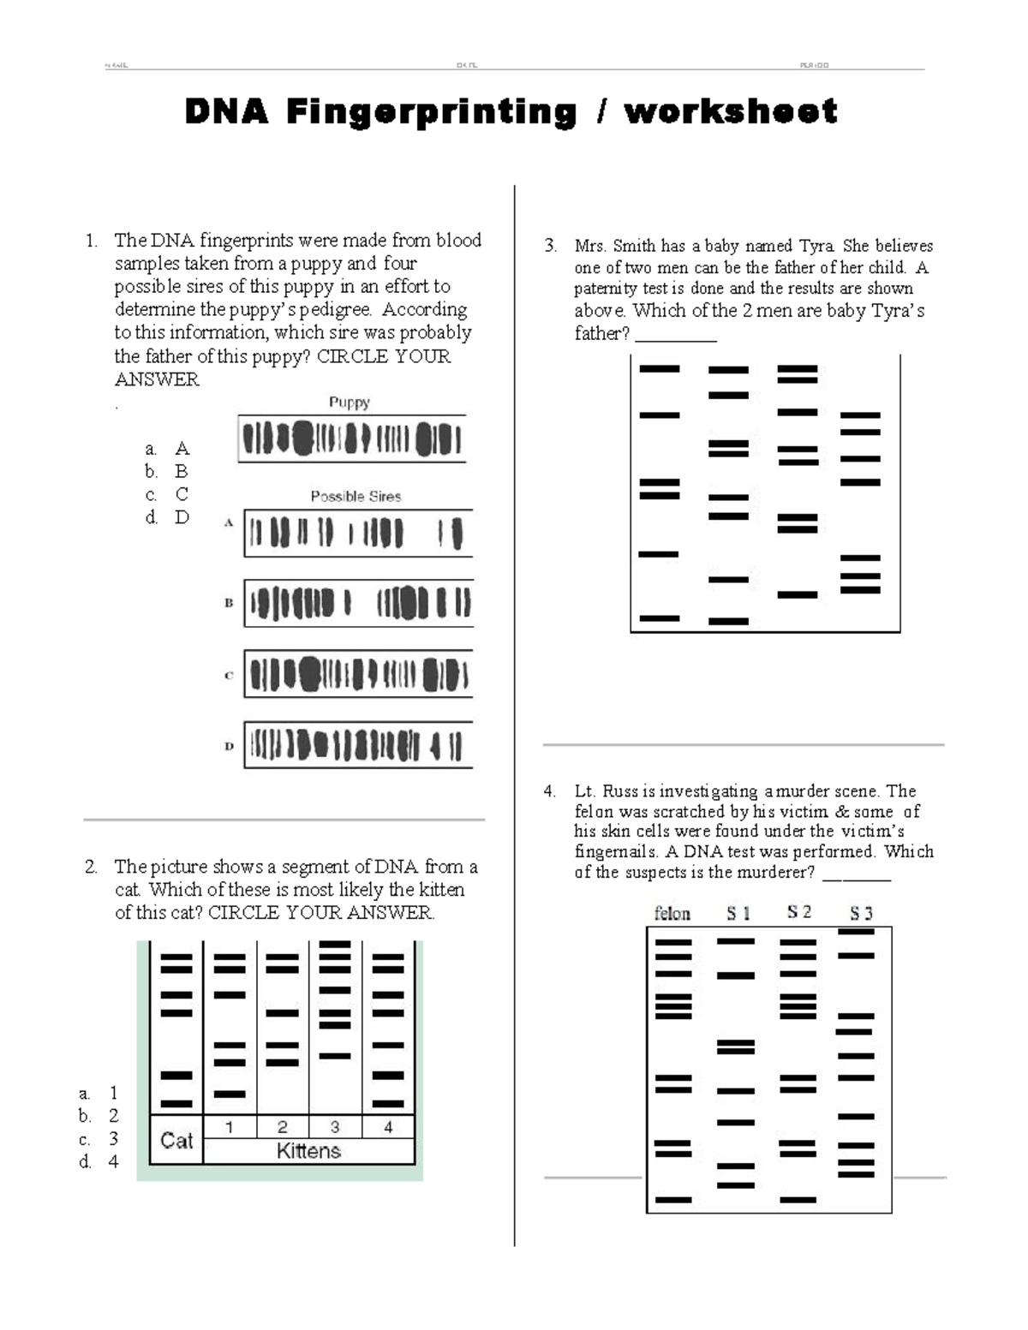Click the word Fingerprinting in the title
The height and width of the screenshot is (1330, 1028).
431,112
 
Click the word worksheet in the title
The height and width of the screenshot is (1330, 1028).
731,111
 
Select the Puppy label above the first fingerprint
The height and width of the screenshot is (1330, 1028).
350,402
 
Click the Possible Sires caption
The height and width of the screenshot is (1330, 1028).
356,496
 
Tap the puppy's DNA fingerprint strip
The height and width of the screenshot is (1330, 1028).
351,439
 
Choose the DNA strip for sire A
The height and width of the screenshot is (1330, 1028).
358,534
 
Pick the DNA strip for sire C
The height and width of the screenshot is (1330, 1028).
358,673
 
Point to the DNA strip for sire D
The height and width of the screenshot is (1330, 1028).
358,744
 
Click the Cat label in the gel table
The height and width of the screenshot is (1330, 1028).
176,1140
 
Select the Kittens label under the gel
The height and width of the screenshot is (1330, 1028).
308,1151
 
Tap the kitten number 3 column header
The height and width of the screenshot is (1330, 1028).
335,1127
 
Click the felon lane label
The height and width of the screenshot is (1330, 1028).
672,914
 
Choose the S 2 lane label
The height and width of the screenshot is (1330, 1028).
798,913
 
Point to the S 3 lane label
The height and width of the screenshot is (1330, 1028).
861,914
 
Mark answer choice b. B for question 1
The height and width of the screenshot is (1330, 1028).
167,471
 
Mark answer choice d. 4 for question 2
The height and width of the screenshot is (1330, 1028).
99,1161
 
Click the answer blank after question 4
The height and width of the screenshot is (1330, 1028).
856,875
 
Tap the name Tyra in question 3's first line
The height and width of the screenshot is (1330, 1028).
816,246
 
